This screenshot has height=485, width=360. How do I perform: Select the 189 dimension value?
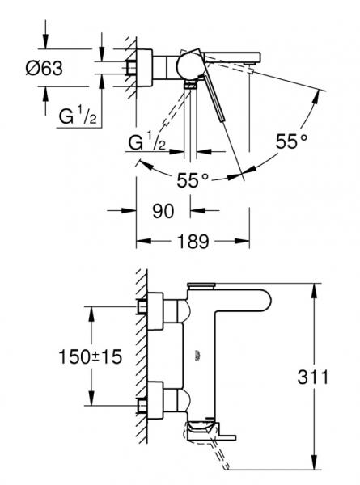[x=192, y=241]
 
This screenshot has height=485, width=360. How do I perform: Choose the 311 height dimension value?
[x=334, y=376]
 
